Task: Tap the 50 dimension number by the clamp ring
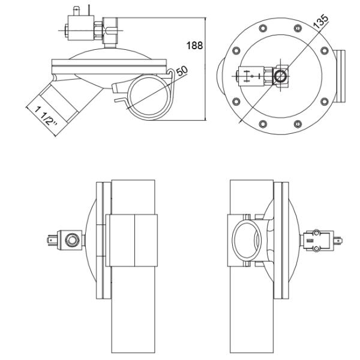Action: coord(182,71)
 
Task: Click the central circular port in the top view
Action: coord(280,76)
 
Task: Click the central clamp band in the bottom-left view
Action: coord(133,240)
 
